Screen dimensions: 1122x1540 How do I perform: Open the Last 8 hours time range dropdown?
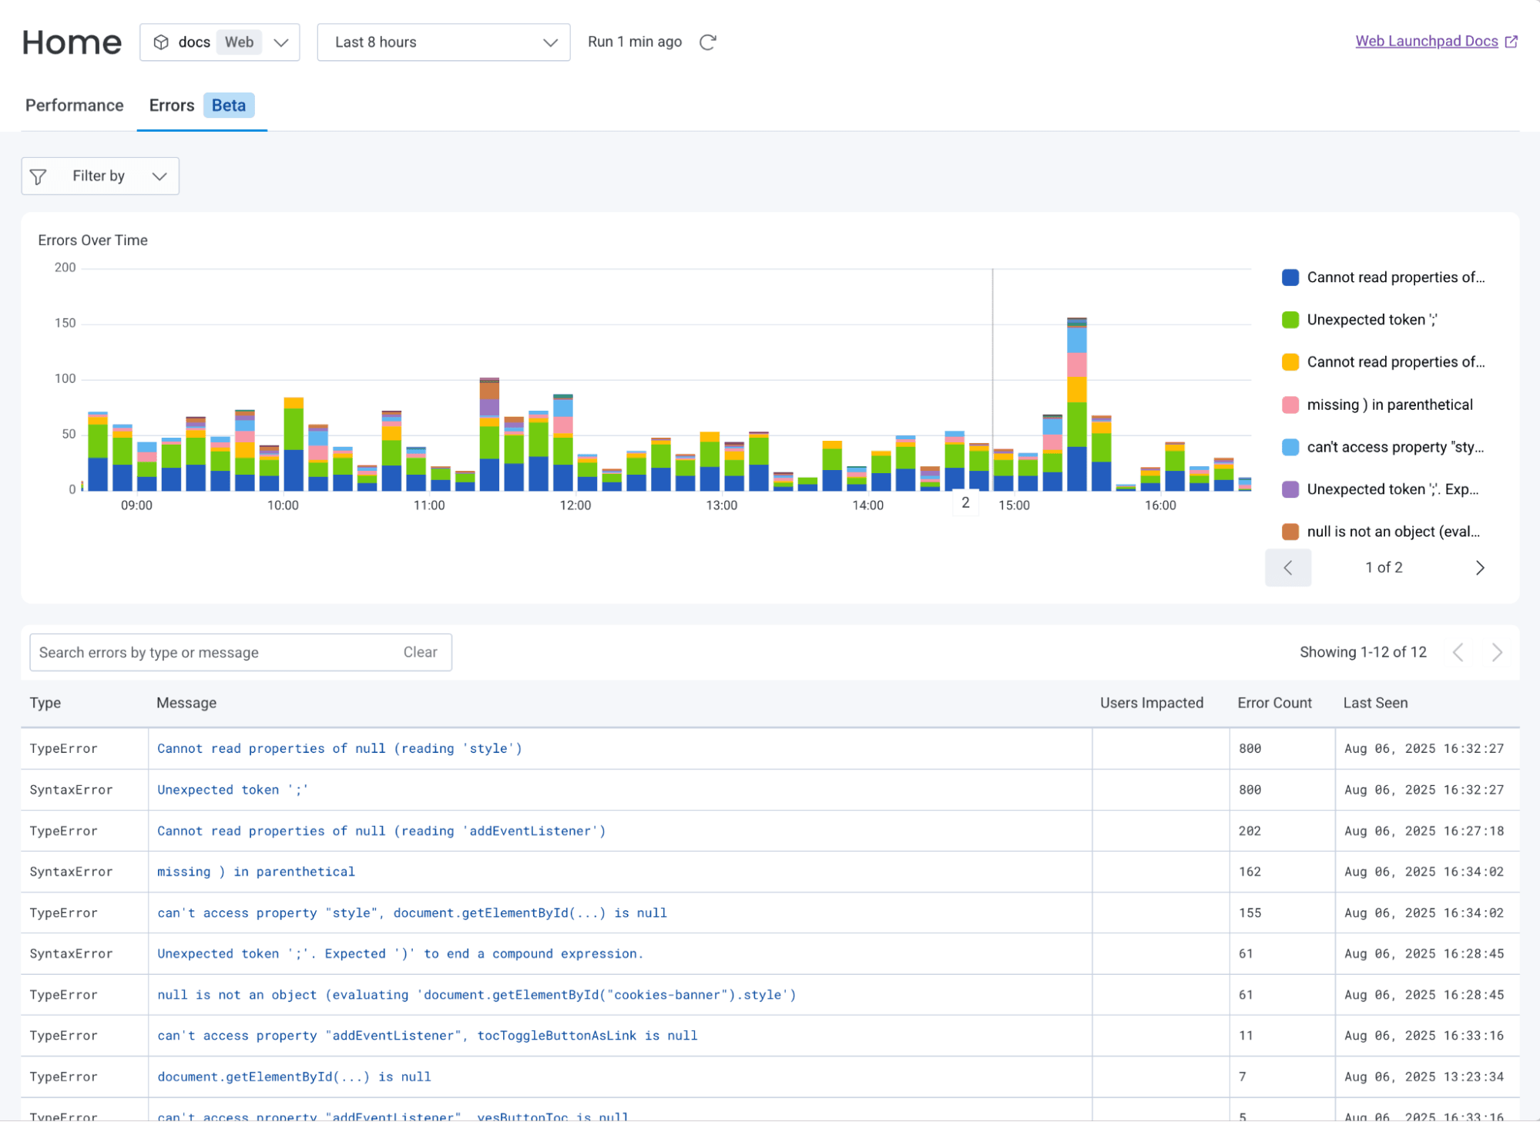(x=443, y=42)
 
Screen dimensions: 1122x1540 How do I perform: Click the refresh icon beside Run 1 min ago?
(x=708, y=42)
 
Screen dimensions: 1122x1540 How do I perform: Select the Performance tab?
(x=74, y=106)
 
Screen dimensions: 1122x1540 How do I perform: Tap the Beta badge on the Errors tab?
(x=229, y=106)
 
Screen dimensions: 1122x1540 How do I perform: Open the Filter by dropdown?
(x=100, y=176)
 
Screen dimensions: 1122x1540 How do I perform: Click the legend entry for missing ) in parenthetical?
(x=1388, y=405)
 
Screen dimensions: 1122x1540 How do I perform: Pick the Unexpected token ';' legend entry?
(x=1371, y=320)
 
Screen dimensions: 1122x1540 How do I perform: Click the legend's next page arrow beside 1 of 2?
(x=1479, y=568)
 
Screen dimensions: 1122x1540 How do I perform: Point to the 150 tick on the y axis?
(x=65, y=323)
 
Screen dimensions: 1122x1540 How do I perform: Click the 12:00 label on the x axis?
(x=575, y=506)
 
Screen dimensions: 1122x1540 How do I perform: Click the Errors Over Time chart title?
(x=92, y=240)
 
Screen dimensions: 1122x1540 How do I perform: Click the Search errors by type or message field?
(x=216, y=653)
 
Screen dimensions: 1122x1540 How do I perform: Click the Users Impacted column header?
(x=1151, y=703)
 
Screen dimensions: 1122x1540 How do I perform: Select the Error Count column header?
(x=1274, y=703)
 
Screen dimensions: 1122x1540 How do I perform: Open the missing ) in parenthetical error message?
(x=256, y=872)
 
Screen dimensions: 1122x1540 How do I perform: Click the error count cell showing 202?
(x=1250, y=831)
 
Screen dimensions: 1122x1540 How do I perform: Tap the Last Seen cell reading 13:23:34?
(x=1424, y=1077)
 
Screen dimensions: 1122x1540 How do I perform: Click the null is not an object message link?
(x=476, y=995)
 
